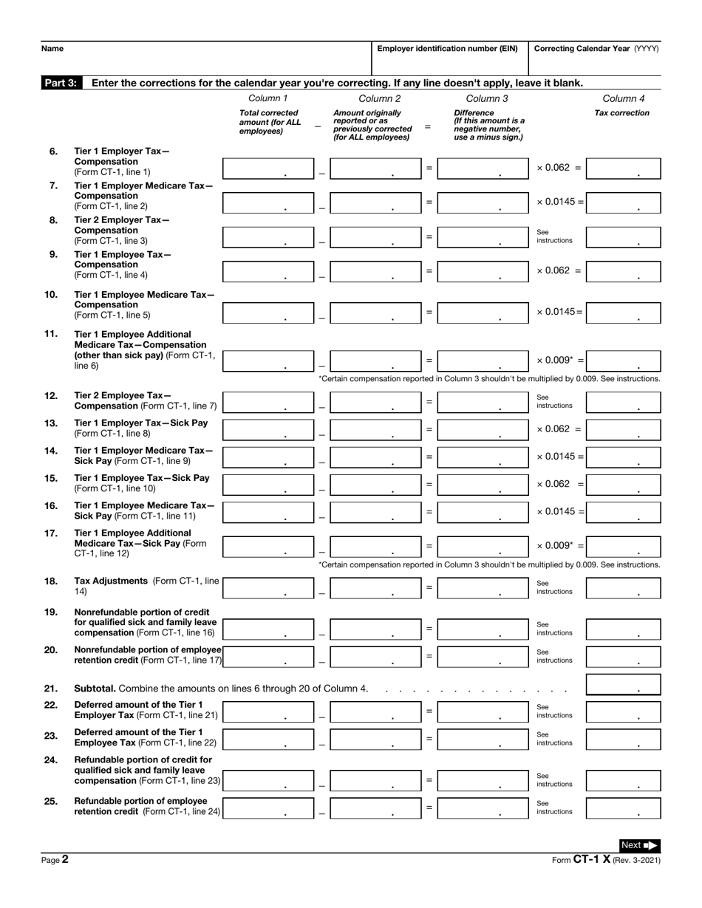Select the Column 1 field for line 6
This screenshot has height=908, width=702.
point(267,168)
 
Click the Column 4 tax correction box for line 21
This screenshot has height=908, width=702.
point(622,684)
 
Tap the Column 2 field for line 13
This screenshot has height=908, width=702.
point(375,429)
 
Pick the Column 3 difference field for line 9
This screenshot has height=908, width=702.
point(482,270)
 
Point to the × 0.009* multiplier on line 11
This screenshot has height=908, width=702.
point(559,360)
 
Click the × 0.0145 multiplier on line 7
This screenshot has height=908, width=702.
point(559,202)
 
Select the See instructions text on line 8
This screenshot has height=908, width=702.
point(554,236)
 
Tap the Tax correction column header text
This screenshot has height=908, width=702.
point(621,113)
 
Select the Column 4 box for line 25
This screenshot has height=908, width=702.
point(622,808)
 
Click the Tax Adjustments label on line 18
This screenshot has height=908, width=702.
point(111,581)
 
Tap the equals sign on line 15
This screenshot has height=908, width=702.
point(429,484)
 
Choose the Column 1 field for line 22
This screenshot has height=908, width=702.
point(267,711)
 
